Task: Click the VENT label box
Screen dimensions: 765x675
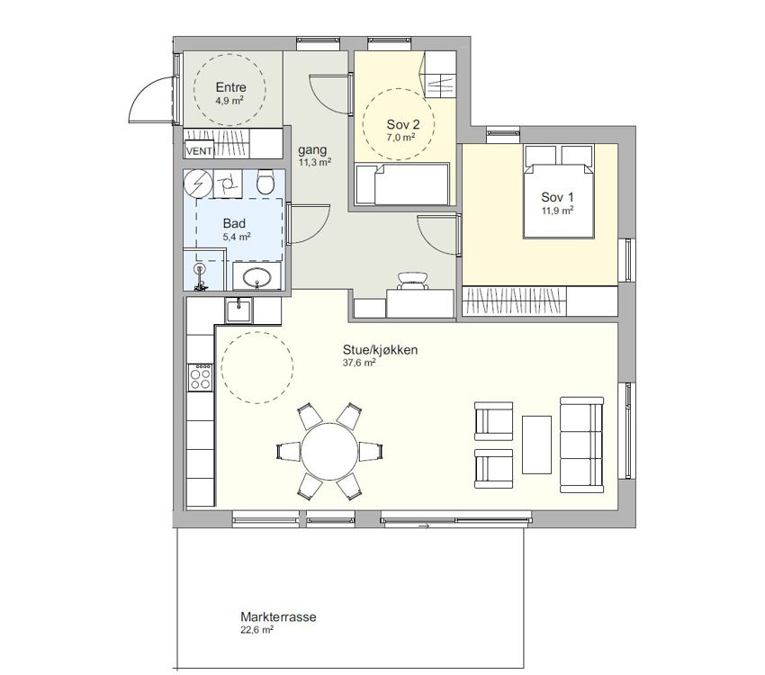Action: coord(200,150)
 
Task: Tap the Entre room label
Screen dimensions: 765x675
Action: coord(230,87)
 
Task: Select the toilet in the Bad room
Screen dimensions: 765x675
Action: coord(265,182)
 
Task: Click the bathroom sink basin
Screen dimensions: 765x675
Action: coord(257,278)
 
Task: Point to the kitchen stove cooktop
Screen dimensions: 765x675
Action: coord(201,377)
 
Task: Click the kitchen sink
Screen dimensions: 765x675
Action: coord(238,310)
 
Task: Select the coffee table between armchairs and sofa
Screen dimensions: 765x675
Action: coord(536,445)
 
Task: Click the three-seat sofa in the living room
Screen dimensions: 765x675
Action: coord(581,445)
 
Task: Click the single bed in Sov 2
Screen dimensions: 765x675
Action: coord(402,184)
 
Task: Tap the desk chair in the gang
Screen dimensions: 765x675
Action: coord(413,281)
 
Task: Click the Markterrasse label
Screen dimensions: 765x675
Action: coord(278,616)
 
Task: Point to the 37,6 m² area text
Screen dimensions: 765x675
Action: coord(359,363)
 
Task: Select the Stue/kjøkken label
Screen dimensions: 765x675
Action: coord(380,350)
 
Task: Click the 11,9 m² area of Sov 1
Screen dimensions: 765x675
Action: coord(557,211)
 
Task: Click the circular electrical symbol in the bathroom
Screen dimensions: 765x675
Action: coord(198,183)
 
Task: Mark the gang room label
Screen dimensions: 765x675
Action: coord(312,149)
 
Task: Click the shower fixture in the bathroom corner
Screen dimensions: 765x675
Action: coord(199,276)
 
